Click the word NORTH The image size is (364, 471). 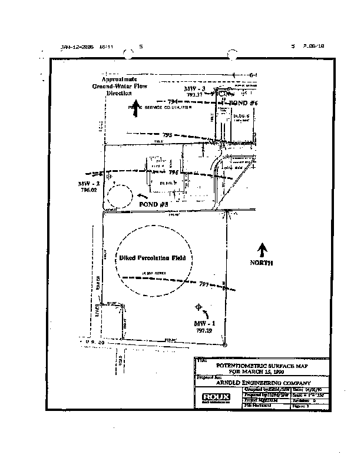[262, 263]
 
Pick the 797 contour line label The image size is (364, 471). [204, 284]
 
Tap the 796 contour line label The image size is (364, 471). [173, 173]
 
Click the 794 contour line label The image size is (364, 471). [173, 102]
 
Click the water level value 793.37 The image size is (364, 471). [195, 94]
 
